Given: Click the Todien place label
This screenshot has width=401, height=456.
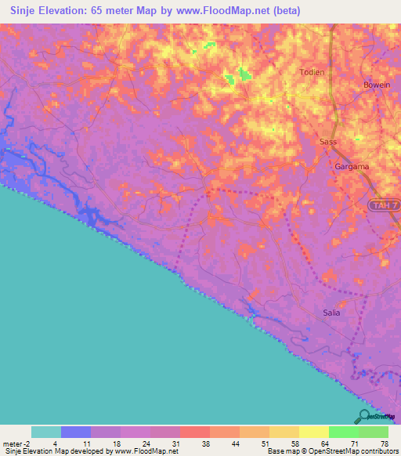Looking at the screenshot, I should pyautogui.click(x=311, y=72).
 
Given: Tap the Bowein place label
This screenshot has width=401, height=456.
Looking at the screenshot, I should pyautogui.click(x=377, y=85).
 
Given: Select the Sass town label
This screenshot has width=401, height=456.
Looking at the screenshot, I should pyautogui.click(x=328, y=142).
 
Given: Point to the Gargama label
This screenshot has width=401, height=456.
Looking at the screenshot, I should pyautogui.click(x=352, y=168).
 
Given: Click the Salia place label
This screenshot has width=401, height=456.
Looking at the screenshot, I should pyautogui.click(x=332, y=313).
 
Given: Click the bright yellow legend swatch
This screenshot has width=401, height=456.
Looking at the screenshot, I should pyautogui.click(x=313, y=432).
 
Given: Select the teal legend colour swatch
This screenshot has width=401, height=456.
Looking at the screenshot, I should pyautogui.click(x=46, y=432).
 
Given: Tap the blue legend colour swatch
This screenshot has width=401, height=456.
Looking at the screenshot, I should pyautogui.click(x=76, y=432).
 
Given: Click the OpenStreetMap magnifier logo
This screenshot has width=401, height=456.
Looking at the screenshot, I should pyautogui.click(x=363, y=416).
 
